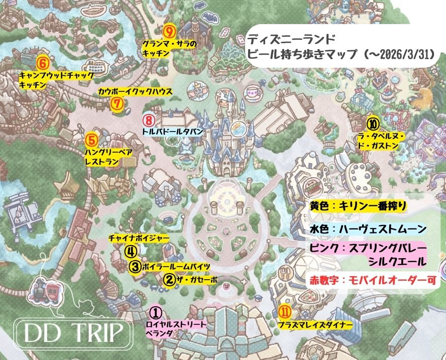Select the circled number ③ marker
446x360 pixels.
pos(135,267)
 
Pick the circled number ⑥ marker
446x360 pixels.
pos(43,63)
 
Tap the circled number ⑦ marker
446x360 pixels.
pos(117,104)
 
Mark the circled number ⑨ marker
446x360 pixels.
pos(169,32)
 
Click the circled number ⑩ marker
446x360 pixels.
pos(372,122)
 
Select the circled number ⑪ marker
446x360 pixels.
pos(284,312)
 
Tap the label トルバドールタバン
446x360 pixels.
pos(172,132)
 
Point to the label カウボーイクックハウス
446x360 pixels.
pos(135,92)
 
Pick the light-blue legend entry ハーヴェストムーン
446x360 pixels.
pos(368,229)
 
